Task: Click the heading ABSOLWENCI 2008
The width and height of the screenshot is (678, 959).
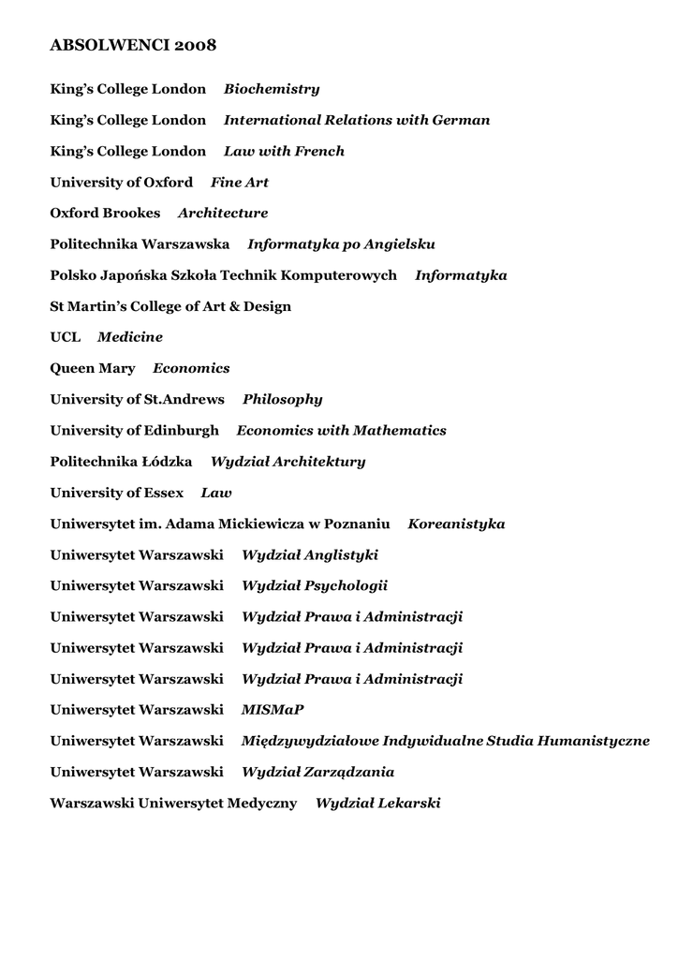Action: click(x=133, y=45)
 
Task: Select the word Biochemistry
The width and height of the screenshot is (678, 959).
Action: click(x=272, y=89)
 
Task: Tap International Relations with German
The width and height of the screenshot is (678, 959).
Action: click(x=357, y=120)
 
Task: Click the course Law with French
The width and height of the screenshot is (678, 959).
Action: click(x=284, y=151)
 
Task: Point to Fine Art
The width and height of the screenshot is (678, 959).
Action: click(x=240, y=182)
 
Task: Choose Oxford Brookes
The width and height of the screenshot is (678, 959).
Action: click(x=105, y=213)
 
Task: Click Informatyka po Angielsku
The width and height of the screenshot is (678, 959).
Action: click(x=341, y=244)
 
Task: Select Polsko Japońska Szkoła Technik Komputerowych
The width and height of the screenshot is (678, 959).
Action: click(x=223, y=275)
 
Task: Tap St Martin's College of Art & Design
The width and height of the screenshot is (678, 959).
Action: click(x=170, y=306)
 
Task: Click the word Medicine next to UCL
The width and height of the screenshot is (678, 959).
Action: click(x=130, y=337)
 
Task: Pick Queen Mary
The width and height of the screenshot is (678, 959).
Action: click(x=93, y=368)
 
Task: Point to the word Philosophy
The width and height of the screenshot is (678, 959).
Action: click(x=283, y=399)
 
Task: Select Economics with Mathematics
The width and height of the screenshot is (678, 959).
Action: click(x=342, y=431)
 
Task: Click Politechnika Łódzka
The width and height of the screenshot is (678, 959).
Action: click(x=121, y=462)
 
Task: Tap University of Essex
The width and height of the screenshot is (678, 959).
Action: click(x=116, y=493)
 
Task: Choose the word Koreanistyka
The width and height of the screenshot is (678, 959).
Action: click(x=456, y=524)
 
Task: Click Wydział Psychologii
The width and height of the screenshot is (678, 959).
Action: click(x=315, y=585)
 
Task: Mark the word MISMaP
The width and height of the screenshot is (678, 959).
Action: click(x=273, y=710)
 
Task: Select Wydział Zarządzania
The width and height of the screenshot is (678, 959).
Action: click(x=318, y=772)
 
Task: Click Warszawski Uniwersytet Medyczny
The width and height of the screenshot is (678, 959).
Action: click(x=173, y=803)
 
